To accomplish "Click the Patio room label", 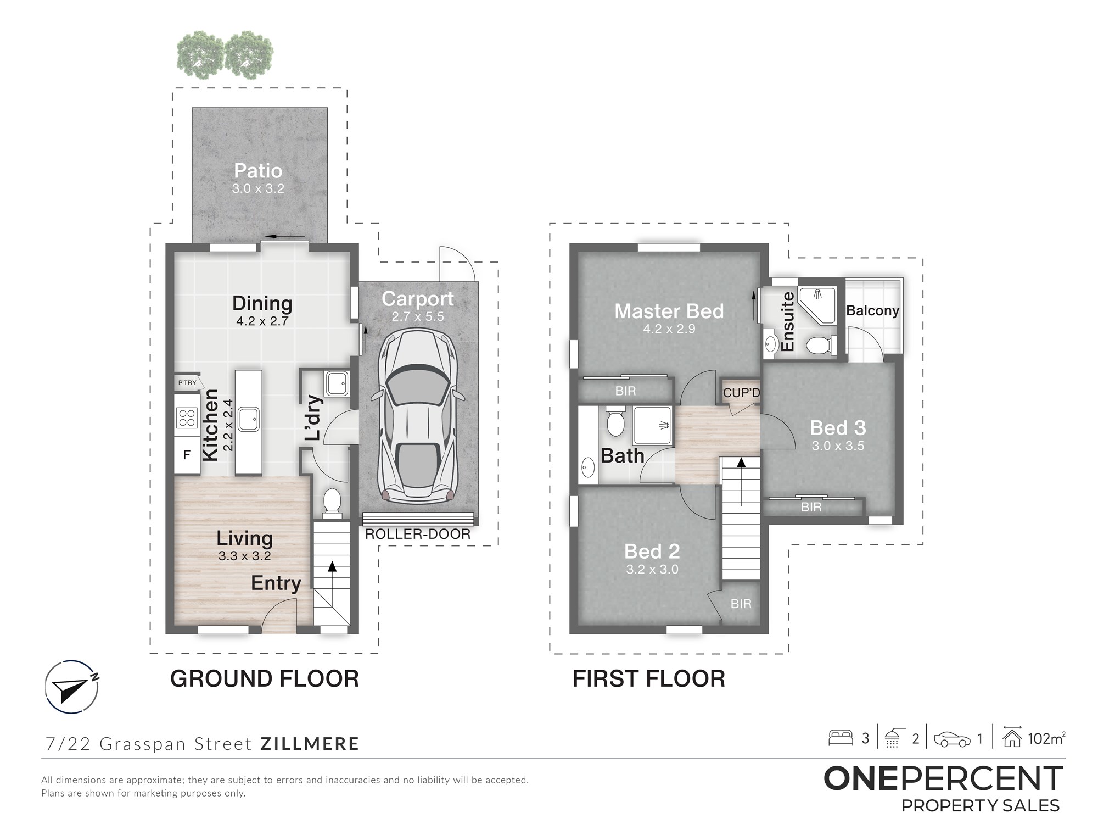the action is (x=258, y=171).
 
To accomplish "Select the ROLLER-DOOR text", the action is (x=418, y=534).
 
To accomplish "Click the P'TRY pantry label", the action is (x=187, y=382).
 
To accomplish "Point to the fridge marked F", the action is (x=187, y=455).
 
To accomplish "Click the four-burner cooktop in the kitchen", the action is (x=187, y=418).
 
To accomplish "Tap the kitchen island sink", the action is (x=249, y=420).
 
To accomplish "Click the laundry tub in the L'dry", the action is (x=337, y=383).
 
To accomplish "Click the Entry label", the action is (x=276, y=583).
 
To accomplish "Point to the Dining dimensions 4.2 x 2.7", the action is (x=262, y=321).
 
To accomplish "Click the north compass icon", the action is (x=72, y=687).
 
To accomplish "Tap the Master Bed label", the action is (x=669, y=311).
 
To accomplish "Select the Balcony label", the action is (x=873, y=311).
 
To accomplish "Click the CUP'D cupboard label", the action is (x=742, y=393).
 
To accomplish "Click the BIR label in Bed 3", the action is (x=811, y=507).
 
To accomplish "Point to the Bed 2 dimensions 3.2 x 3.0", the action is (x=652, y=570).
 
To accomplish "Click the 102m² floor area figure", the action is (x=1047, y=739).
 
